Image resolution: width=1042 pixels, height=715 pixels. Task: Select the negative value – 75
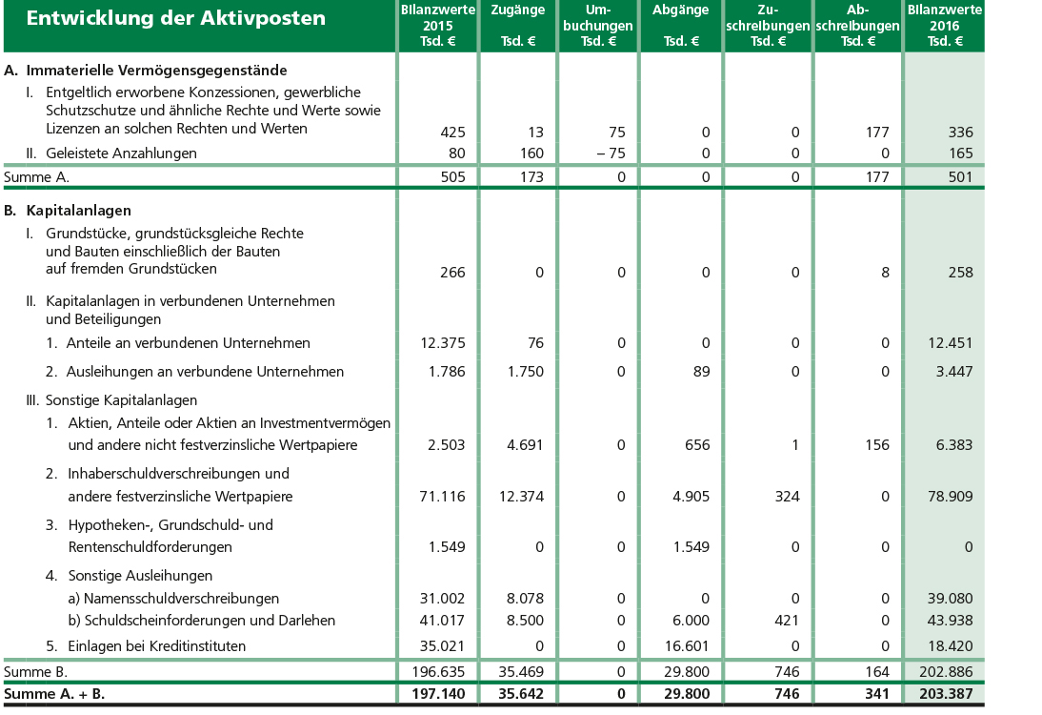click(x=609, y=153)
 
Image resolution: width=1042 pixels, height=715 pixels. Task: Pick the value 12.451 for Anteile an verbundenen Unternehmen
click(x=949, y=343)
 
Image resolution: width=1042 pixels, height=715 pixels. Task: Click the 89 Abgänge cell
click(x=701, y=372)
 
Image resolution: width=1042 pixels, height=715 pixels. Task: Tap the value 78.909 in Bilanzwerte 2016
click(x=949, y=497)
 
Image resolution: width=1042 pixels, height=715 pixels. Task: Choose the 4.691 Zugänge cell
click(x=523, y=445)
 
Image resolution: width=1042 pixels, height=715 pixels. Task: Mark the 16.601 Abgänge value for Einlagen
click(x=689, y=646)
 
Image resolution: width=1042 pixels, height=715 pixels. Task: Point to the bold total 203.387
click(x=945, y=695)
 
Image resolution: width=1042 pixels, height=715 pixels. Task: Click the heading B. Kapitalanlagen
click(x=68, y=211)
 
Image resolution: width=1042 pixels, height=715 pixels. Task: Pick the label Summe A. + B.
click(x=54, y=695)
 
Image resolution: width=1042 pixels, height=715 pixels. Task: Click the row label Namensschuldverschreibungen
click(x=181, y=599)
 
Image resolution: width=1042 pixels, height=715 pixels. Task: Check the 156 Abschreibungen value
click(x=876, y=445)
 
